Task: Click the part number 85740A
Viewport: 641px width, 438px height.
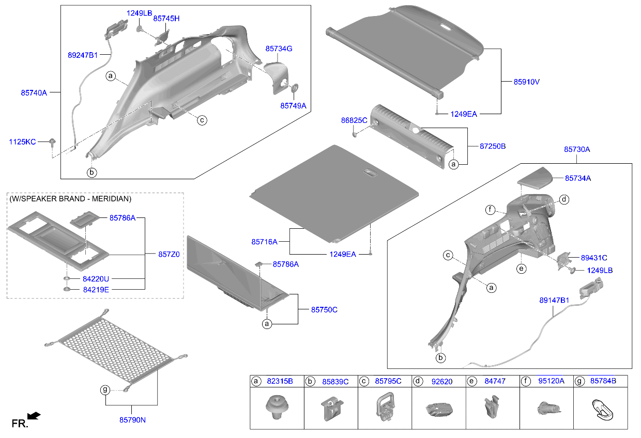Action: (34, 93)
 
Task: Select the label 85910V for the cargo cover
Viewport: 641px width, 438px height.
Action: (526, 82)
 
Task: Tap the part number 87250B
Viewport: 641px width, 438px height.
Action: (493, 146)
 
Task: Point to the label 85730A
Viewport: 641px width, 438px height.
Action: (576, 149)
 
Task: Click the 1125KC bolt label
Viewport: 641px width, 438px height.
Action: (22, 142)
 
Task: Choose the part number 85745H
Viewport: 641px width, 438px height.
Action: (166, 18)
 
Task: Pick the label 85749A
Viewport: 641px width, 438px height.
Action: (293, 105)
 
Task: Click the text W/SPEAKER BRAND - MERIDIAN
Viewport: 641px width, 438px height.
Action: (70, 199)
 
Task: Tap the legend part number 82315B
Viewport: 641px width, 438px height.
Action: (280, 381)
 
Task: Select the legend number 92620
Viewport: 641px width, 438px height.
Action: (441, 382)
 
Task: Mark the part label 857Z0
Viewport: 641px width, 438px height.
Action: (169, 255)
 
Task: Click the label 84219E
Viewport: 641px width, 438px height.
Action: (96, 290)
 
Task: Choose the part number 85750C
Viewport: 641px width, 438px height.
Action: (324, 309)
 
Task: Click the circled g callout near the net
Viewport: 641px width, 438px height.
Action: (105, 390)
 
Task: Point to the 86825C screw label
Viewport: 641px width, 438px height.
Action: (354, 120)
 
